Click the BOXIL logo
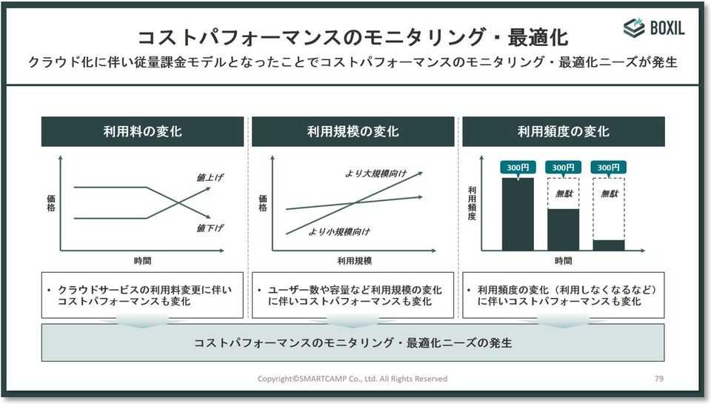(x=653, y=28)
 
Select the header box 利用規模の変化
(x=353, y=132)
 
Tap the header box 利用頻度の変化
(x=563, y=132)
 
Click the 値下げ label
(x=210, y=228)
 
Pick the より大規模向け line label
(x=376, y=173)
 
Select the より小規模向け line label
(x=339, y=232)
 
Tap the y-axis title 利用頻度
(x=472, y=204)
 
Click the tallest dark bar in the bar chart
(x=518, y=213)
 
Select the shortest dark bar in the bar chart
(x=609, y=245)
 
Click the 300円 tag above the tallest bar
(x=518, y=168)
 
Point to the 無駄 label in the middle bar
(x=564, y=193)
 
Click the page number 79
(x=659, y=379)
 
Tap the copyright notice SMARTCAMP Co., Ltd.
(x=353, y=379)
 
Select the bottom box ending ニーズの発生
(x=353, y=343)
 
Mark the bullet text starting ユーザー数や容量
(x=354, y=296)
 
